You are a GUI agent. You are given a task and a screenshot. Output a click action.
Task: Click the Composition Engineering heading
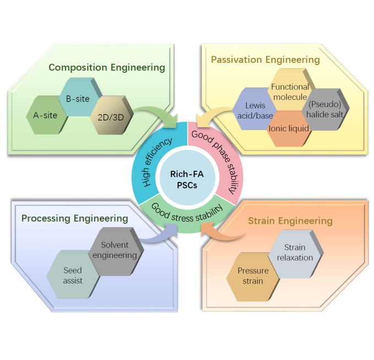[x=106, y=67]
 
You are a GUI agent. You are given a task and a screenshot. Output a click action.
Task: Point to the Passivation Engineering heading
[x=265, y=59]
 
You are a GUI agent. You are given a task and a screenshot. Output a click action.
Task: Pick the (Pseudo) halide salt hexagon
[x=323, y=109]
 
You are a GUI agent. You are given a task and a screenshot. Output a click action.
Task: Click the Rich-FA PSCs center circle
[x=186, y=180]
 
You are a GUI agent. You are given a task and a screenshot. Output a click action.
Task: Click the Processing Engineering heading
[x=74, y=218]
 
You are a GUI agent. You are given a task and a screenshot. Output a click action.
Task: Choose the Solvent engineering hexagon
[x=115, y=250]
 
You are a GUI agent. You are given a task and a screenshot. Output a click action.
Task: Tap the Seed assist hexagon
[x=73, y=276]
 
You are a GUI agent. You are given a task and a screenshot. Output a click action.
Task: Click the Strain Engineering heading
[x=290, y=221]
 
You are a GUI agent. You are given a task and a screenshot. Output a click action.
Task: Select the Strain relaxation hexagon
[x=298, y=252]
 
